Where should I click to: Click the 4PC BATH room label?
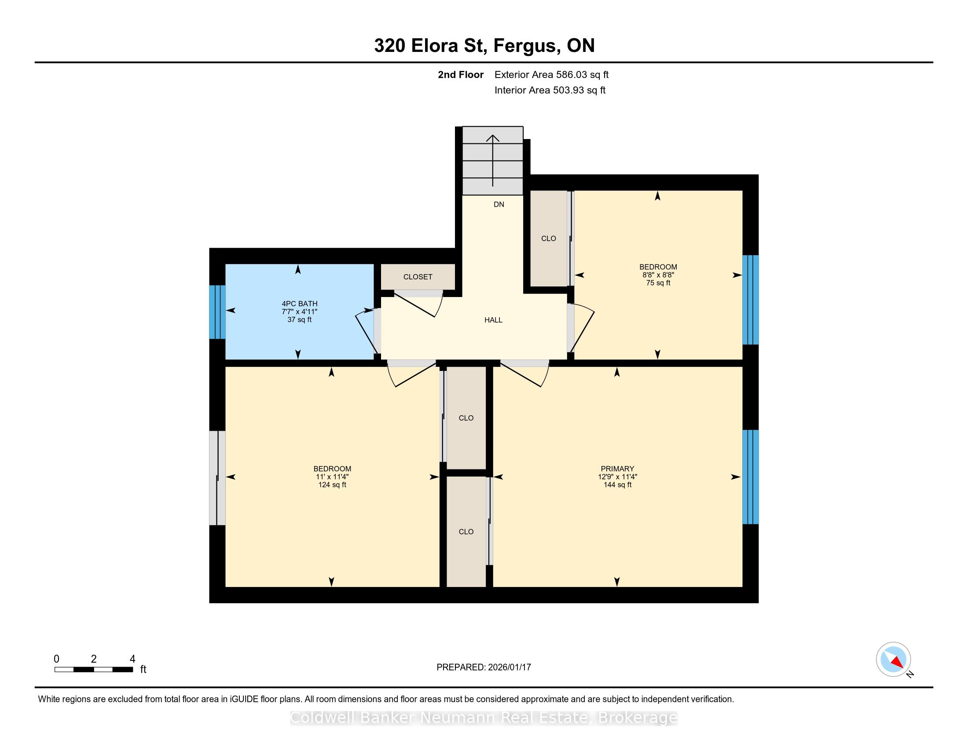(x=300, y=304)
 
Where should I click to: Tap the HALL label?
(x=493, y=320)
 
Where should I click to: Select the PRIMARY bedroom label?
(x=617, y=469)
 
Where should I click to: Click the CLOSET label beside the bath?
(x=418, y=276)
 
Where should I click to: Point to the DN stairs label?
(x=499, y=204)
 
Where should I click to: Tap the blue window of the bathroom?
(x=217, y=312)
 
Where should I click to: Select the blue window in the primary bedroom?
(x=750, y=477)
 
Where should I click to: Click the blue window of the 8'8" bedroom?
(x=750, y=300)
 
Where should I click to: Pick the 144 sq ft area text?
(x=617, y=485)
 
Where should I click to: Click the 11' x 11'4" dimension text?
(x=332, y=477)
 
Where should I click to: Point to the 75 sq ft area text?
(x=658, y=283)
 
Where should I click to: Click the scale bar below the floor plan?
(x=94, y=670)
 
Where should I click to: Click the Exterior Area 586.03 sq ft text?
(x=551, y=74)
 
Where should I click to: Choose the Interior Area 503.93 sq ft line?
(x=550, y=90)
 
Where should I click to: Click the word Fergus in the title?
(x=525, y=46)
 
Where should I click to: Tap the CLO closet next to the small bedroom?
(x=549, y=238)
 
